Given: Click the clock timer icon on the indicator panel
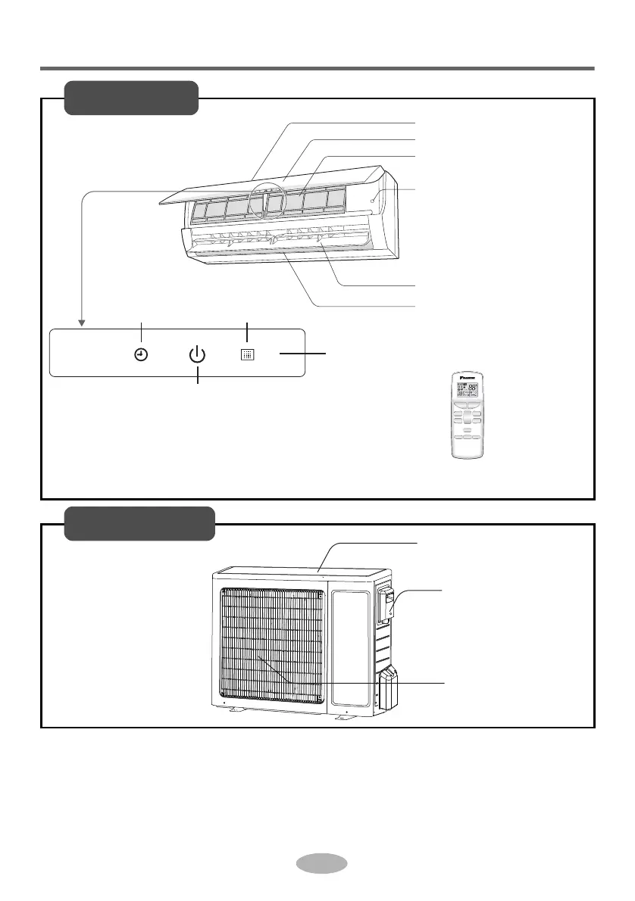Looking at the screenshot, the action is pyautogui.click(x=141, y=354).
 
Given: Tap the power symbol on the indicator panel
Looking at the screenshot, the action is pyautogui.click(x=197, y=354).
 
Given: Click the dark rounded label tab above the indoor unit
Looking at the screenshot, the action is pyautogui.click(x=131, y=98).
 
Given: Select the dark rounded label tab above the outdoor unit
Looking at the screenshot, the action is pyautogui.click(x=139, y=524).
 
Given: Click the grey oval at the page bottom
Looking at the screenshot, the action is pyautogui.click(x=321, y=864).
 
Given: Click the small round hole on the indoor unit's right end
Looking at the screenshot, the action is pyautogui.click(x=376, y=198).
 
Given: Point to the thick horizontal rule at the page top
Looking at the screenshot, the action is pyautogui.click(x=317, y=69).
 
